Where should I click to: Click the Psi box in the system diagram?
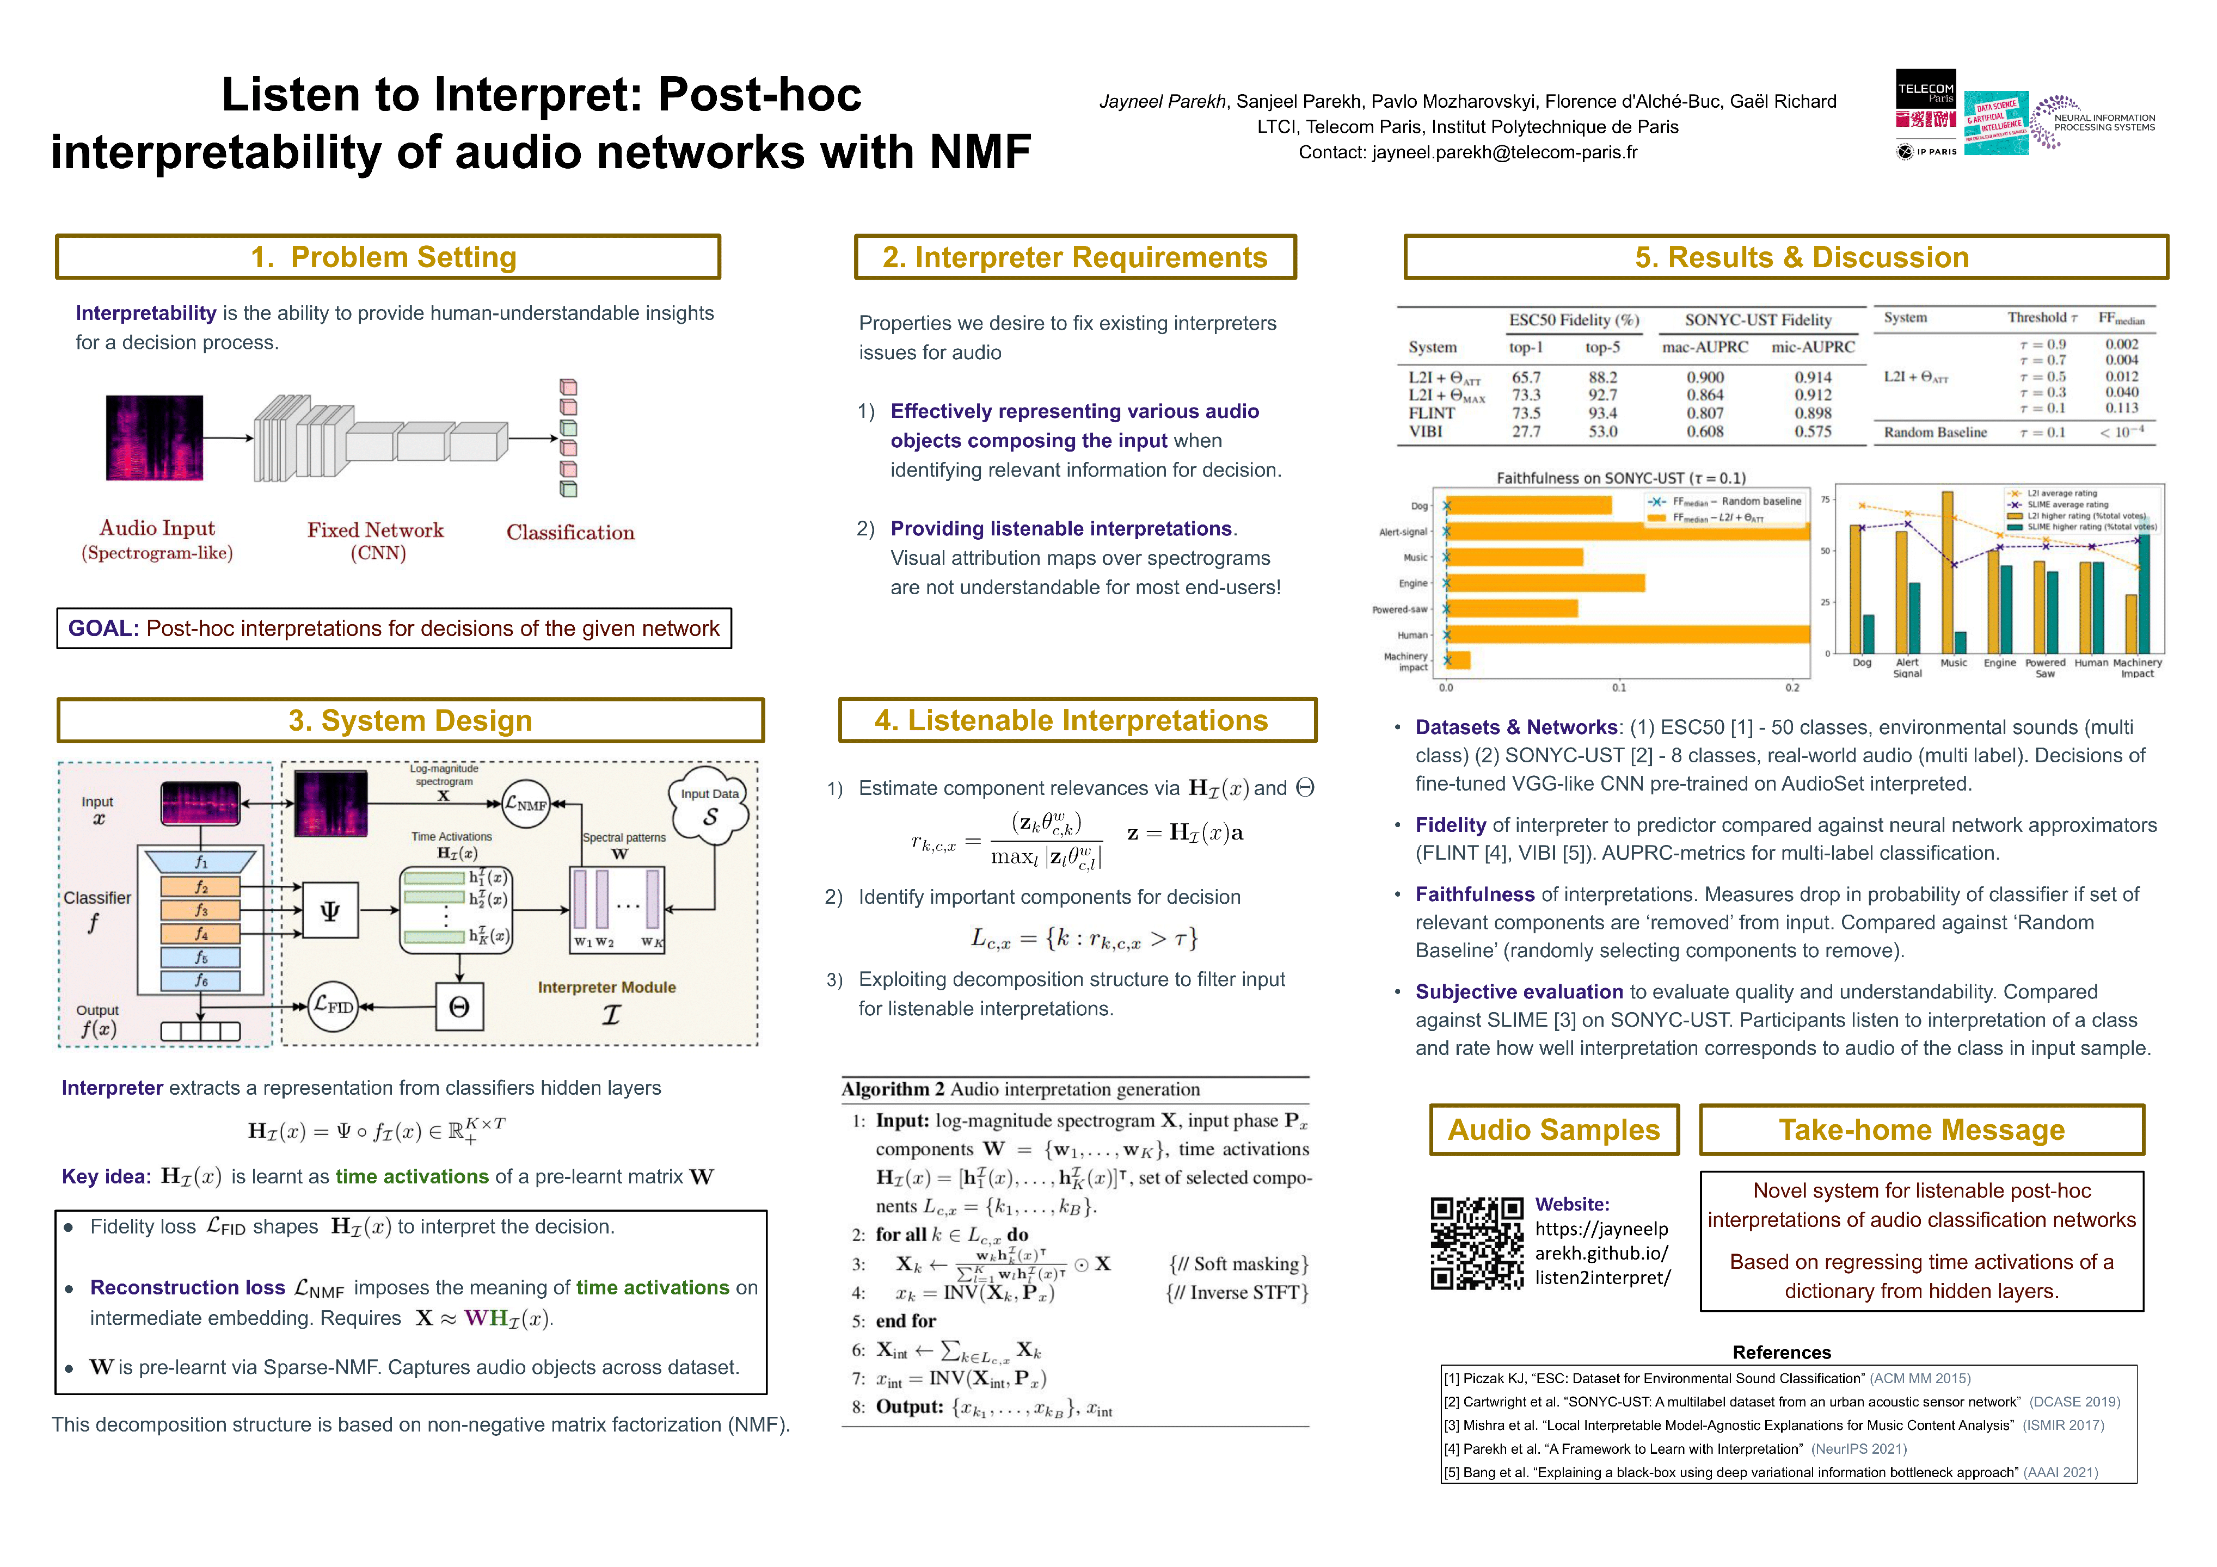(329, 910)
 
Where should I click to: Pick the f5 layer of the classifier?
(201, 957)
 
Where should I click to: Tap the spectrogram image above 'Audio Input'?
(155, 437)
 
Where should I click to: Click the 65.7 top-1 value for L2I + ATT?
(1526, 378)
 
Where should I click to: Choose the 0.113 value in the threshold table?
(2121, 409)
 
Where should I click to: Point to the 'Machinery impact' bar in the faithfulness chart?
(1458, 661)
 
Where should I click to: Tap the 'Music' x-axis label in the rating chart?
(1954, 663)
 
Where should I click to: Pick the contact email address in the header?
(1504, 152)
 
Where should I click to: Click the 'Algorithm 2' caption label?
(892, 1089)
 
